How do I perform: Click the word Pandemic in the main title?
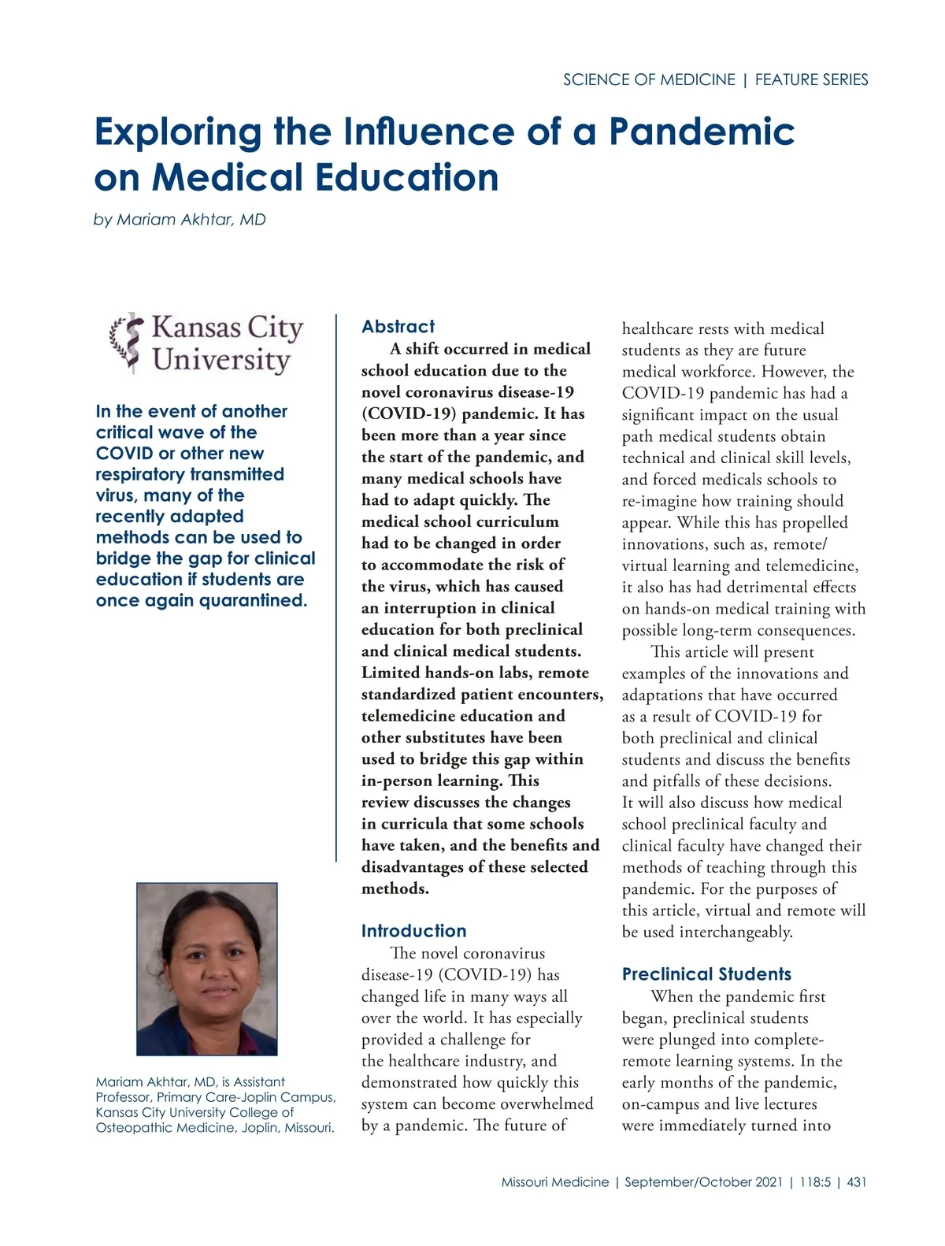point(701,132)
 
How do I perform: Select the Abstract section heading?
point(398,327)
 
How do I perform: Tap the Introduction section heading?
point(413,931)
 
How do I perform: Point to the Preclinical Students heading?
point(706,974)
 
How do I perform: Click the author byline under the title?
point(180,220)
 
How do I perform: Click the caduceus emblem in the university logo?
point(126,343)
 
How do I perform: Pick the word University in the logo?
point(221,360)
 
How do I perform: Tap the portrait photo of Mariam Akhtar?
point(207,969)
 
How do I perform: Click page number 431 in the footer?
point(856,1182)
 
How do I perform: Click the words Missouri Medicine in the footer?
point(555,1182)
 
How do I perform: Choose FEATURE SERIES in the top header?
point(811,80)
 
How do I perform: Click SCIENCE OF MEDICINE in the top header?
point(649,80)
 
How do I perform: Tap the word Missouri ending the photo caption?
point(309,1128)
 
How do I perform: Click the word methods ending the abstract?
point(394,889)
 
